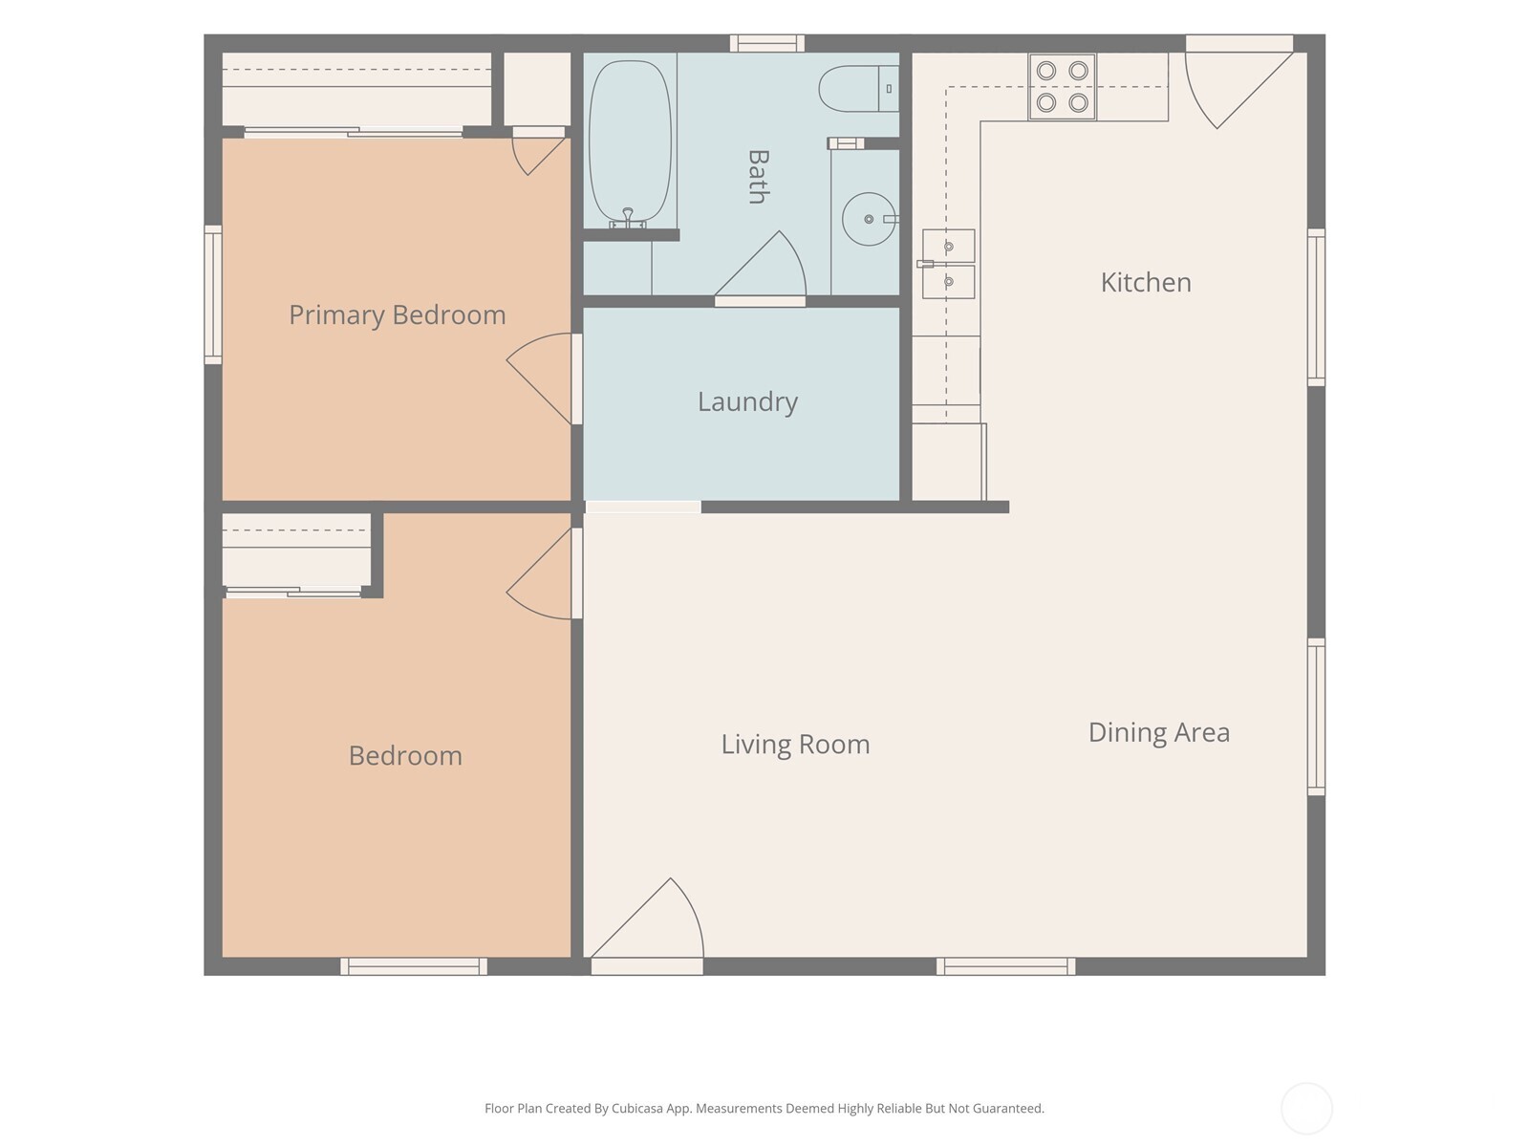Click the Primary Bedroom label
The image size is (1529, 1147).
pos(397,315)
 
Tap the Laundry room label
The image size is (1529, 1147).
pos(747,401)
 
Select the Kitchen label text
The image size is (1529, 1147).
pos(1146,283)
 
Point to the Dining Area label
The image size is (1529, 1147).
pos(1159,733)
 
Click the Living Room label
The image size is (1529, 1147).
pos(795,745)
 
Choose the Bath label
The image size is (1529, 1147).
pos(758,177)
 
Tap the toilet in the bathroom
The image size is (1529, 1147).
pos(859,89)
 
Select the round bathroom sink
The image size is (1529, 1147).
pos(869,219)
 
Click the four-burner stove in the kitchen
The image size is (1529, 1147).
pos(1063,86)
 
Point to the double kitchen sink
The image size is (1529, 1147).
pos(948,264)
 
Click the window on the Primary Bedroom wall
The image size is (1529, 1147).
pos(212,293)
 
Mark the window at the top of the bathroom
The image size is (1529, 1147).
pos(767,43)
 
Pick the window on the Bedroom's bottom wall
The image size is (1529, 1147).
pos(414,966)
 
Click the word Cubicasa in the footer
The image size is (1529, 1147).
pos(636,1109)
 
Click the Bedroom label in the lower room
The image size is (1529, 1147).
pos(405,756)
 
